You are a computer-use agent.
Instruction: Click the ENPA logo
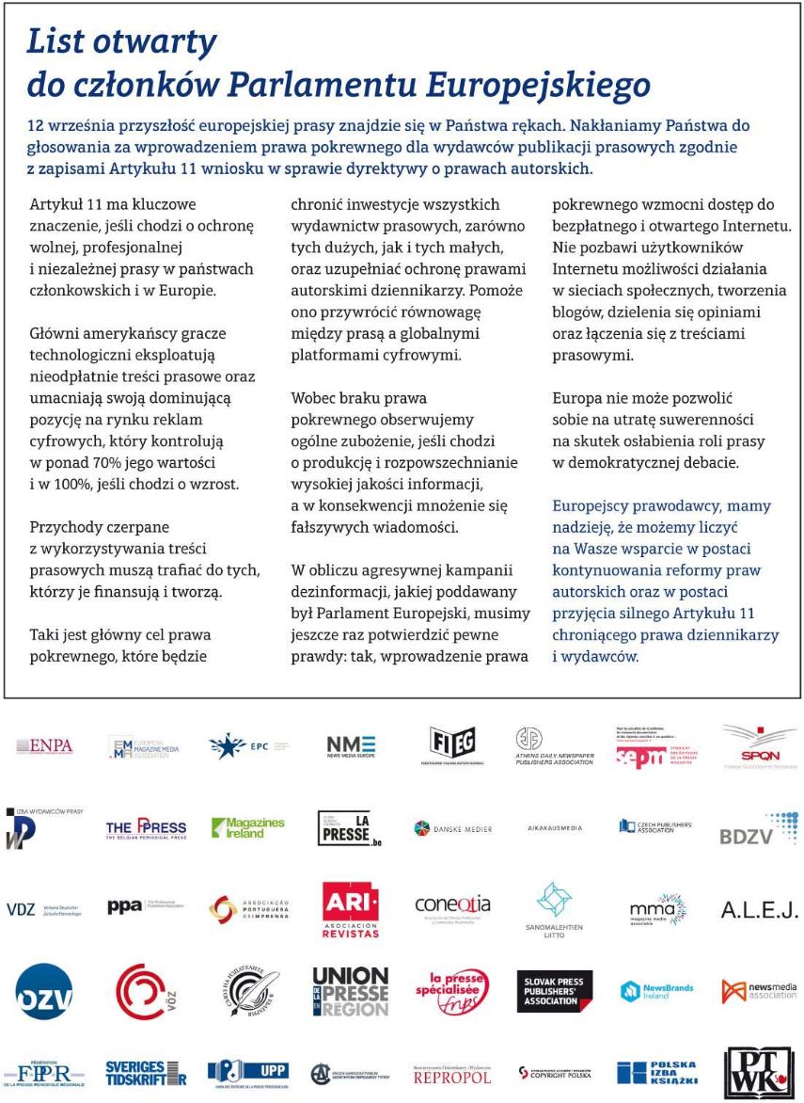44,746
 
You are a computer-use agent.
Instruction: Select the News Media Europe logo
351,745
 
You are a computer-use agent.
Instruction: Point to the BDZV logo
758,829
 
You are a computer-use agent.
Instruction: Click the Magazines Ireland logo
247,828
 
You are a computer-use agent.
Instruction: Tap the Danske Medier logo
454,828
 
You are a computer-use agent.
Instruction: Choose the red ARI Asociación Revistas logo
351,909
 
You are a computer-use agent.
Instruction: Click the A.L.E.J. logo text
759,909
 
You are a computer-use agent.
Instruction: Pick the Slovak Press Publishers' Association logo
555,991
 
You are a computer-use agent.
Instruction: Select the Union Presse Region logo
350,991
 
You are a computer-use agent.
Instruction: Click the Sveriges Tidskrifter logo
146,1072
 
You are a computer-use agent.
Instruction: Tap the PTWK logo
758,1073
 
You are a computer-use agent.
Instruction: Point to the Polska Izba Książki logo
656,1072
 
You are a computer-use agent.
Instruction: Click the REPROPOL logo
452,1074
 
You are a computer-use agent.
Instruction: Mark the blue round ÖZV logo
43,991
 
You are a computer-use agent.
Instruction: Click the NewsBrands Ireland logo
656,991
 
